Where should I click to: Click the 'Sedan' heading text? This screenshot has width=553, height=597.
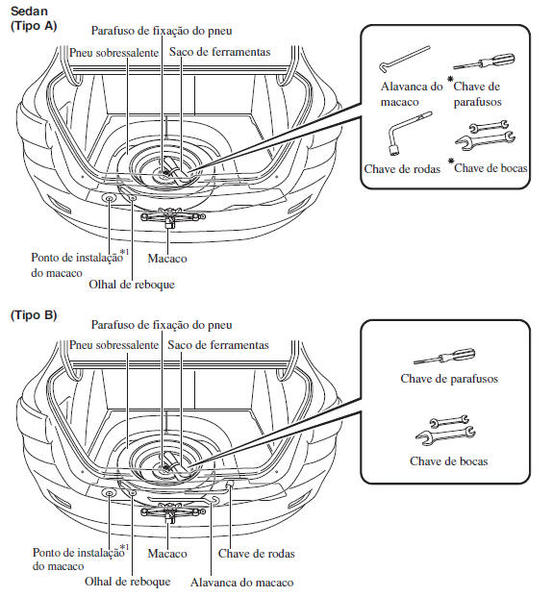coord(29,11)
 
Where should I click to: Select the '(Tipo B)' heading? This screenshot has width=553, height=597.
coord(34,315)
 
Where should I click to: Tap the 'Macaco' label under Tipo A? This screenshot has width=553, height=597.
coord(167,259)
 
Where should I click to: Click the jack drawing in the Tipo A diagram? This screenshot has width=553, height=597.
coord(173,217)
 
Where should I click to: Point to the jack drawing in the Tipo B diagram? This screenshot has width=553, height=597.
coord(173,511)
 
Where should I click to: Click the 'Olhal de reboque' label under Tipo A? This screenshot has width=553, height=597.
coord(132,285)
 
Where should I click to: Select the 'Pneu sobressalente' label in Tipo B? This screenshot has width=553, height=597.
coord(113,345)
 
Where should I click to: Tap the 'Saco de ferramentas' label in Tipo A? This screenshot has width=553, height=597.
coord(219,52)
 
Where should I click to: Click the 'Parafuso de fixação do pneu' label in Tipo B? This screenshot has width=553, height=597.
coord(162,325)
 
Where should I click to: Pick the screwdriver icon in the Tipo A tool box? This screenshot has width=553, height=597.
coord(484,62)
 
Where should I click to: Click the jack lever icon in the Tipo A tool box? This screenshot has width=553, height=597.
coord(404,59)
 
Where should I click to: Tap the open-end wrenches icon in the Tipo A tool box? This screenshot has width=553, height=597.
coord(486,135)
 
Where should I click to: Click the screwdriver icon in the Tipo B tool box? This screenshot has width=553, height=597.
coord(444,356)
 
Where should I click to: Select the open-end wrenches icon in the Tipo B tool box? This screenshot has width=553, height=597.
coord(445,430)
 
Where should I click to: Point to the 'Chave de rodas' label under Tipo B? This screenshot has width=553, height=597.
coord(257,553)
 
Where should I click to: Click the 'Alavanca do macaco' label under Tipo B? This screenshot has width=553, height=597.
coord(241,583)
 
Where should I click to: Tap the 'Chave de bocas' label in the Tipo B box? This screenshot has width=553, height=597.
coord(448,461)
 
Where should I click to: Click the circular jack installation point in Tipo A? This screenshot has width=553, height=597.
coord(110,198)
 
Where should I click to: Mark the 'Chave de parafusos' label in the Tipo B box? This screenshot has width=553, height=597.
coord(449,379)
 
